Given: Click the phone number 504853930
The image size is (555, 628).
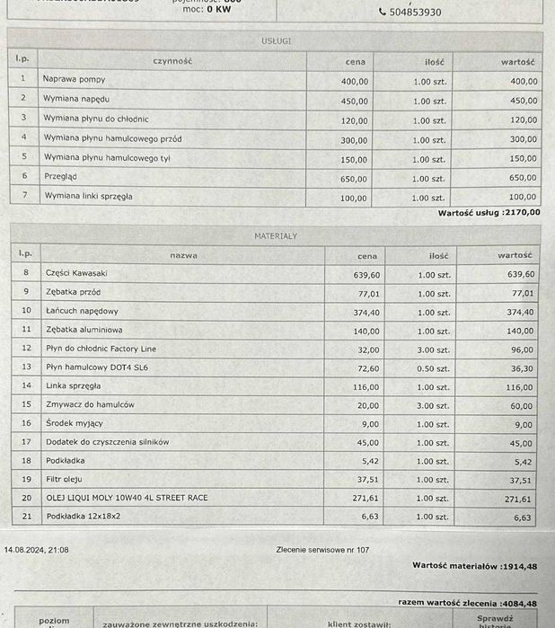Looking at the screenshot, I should click(414, 13).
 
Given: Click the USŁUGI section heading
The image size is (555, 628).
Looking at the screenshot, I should click(276, 41).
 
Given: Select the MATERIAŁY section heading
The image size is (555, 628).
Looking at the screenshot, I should click(276, 236).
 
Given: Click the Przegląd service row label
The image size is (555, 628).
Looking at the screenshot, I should click(62, 177).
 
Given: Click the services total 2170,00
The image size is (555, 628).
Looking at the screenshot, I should click(522, 213).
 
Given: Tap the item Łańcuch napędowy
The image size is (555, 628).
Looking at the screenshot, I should click(82, 311).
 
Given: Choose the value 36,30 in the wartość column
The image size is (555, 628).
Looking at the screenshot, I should click(522, 368).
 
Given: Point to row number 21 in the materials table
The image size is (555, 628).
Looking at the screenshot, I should click(26, 517).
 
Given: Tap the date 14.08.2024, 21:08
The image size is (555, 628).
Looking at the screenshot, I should click(36, 549).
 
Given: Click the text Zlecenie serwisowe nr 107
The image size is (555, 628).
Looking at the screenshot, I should click(322, 549).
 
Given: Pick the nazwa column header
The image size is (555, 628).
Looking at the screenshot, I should click(183, 255).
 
